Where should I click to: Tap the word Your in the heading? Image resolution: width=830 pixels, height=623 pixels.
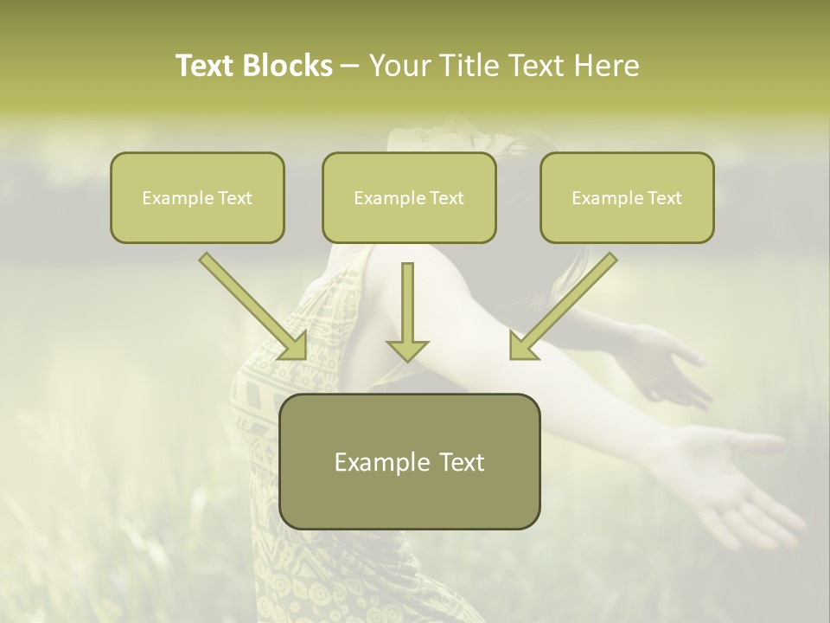tap(397, 66)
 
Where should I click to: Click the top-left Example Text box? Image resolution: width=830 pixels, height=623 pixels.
tap(197, 197)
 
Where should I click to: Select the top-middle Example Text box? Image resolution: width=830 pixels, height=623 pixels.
tap(409, 197)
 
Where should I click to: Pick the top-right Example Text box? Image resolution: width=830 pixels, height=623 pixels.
tap(627, 197)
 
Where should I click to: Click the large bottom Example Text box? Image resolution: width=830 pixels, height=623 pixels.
tap(409, 461)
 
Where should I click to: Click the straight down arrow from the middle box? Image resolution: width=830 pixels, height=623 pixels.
tap(407, 307)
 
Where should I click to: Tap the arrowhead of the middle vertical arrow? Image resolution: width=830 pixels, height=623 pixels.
tap(407, 350)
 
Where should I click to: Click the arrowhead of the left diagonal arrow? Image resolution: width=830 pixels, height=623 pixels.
tap(294, 345)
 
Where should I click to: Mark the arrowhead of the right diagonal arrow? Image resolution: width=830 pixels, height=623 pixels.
tap(522, 345)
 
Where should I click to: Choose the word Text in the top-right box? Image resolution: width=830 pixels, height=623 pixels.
tap(664, 197)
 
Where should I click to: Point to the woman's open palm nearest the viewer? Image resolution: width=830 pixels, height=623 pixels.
tap(735, 476)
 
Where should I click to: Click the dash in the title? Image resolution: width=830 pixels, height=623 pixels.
tap(351, 66)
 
